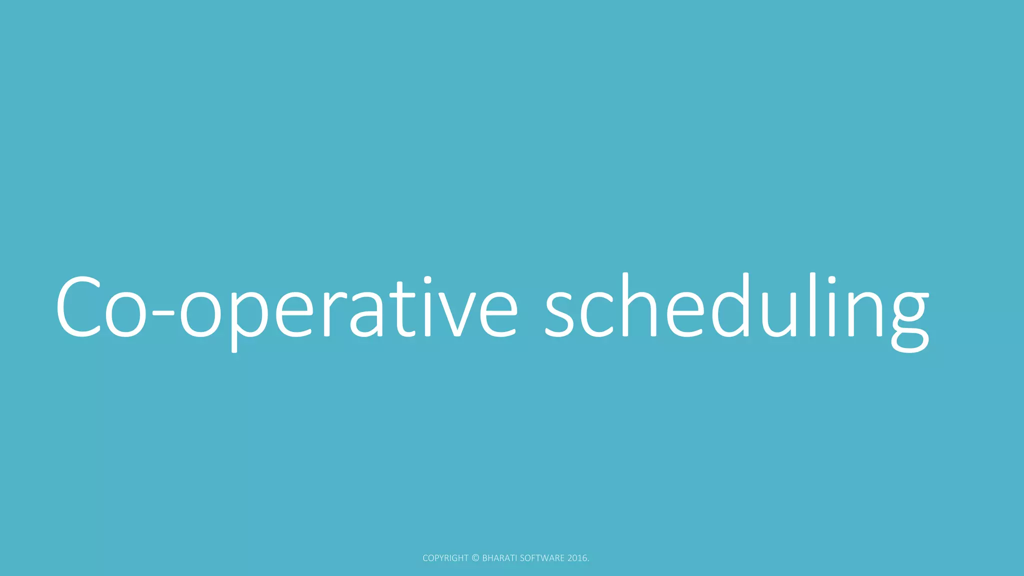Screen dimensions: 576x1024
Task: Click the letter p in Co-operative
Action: (x=247, y=315)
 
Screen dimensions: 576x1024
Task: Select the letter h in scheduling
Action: (x=640, y=305)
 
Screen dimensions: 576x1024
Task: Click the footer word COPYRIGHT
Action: (x=445, y=558)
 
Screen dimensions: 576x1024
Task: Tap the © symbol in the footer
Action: (x=475, y=558)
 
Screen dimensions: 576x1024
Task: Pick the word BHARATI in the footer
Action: (x=499, y=558)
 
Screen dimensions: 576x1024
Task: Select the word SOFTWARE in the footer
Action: (x=542, y=558)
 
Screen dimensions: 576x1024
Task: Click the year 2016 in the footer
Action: (x=577, y=558)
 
